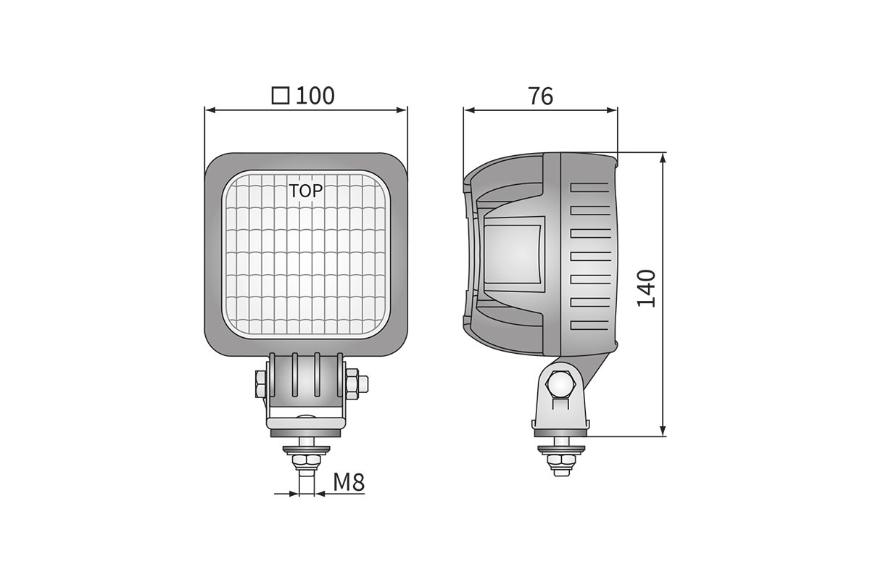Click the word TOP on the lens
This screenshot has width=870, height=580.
click(306, 191)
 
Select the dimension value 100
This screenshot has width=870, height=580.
click(315, 96)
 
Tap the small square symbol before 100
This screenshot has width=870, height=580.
click(280, 96)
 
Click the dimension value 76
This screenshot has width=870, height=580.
click(540, 96)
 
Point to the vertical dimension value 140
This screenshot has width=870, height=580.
click(646, 288)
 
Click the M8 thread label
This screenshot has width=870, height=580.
click(349, 482)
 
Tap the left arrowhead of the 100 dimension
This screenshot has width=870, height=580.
click(210, 110)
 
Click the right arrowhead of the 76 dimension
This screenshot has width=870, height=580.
click(612, 110)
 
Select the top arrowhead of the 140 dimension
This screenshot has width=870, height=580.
click(663, 158)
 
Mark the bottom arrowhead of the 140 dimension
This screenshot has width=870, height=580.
click(663, 431)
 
